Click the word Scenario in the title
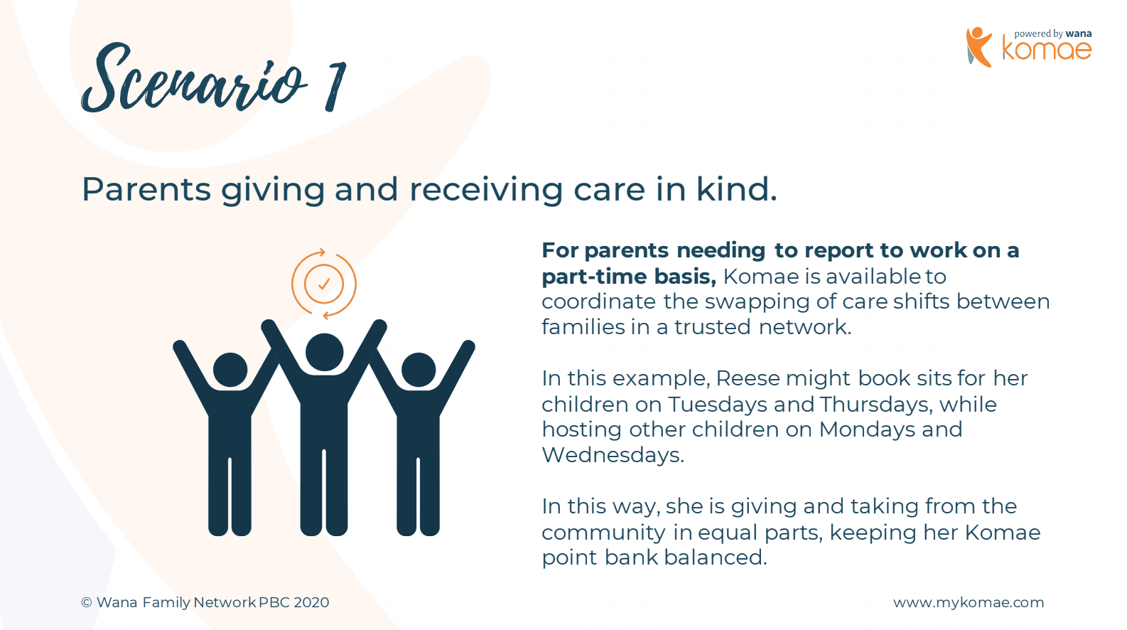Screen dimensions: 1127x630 tap(194, 78)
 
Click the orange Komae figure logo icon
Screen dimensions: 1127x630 tap(978, 47)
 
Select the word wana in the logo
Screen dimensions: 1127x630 tap(1079, 33)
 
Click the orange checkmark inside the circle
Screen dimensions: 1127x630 tap(324, 284)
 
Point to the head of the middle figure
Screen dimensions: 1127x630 tap(325, 352)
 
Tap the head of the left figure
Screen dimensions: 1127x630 tap(230, 370)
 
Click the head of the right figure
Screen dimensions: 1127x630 tap(419, 370)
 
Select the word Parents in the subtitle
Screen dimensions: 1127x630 tap(146, 190)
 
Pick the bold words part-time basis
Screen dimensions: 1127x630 tap(629, 277)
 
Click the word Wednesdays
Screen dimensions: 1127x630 tap(613, 455)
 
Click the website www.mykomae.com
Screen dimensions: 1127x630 tap(969, 602)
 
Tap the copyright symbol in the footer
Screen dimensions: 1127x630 tap(87, 602)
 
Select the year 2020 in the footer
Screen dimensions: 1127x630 tap(311, 602)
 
